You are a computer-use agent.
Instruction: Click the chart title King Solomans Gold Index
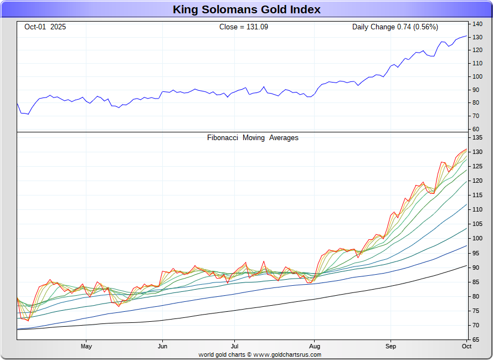247,9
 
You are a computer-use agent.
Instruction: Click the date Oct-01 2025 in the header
45,27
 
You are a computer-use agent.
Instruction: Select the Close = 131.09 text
244,27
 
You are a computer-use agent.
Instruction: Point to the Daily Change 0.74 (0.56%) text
395,27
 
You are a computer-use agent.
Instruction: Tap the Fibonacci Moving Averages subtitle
253,138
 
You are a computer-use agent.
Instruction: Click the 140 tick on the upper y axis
477,24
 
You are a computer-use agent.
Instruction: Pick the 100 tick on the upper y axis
477,76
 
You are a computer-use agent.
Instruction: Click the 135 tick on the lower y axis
477,138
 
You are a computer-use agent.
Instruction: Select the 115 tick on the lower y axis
477,196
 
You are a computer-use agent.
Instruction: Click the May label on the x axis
86,347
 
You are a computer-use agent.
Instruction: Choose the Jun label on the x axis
162,347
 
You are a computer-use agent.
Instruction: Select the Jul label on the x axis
234,347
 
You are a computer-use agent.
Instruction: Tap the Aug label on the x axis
314,347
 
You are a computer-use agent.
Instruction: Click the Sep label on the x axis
391,347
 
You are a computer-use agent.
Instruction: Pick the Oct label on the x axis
466,347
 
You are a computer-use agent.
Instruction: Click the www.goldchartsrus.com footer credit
287,354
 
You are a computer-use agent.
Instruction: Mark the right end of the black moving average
466,266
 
